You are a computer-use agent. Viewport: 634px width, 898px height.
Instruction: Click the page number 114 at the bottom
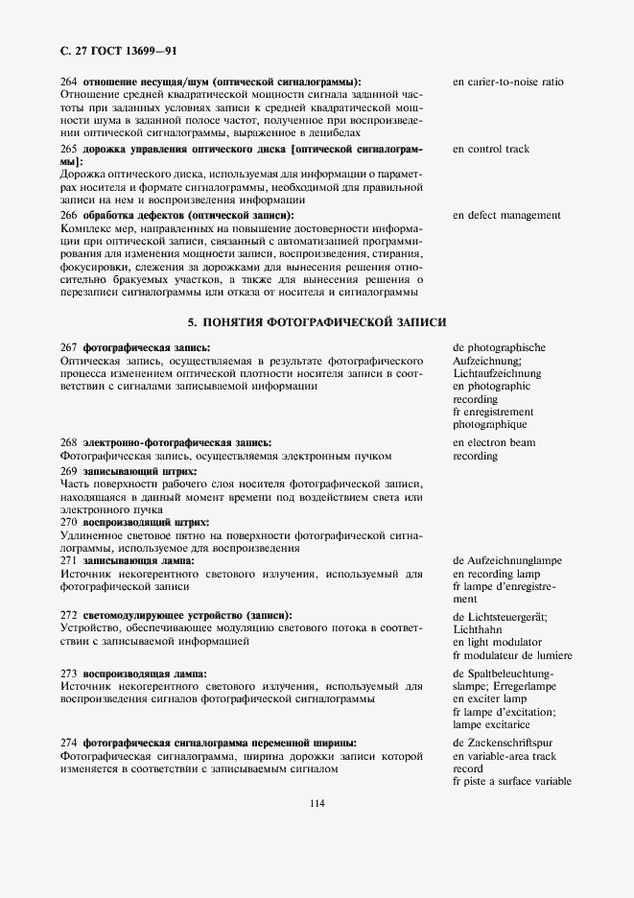(317, 803)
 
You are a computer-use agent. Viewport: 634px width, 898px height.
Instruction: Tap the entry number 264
(68, 82)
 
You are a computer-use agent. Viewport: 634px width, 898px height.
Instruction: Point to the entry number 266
(68, 215)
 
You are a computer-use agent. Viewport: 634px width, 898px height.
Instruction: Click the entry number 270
(68, 522)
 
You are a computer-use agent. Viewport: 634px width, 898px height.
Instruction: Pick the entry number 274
(68, 743)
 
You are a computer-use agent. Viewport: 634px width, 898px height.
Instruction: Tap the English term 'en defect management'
(506, 215)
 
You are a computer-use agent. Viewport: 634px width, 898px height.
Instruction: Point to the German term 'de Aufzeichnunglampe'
(507, 559)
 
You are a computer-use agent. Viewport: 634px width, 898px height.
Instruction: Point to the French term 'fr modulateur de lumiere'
(512, 654)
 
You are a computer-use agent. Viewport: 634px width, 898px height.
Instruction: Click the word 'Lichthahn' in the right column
(479, 627)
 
